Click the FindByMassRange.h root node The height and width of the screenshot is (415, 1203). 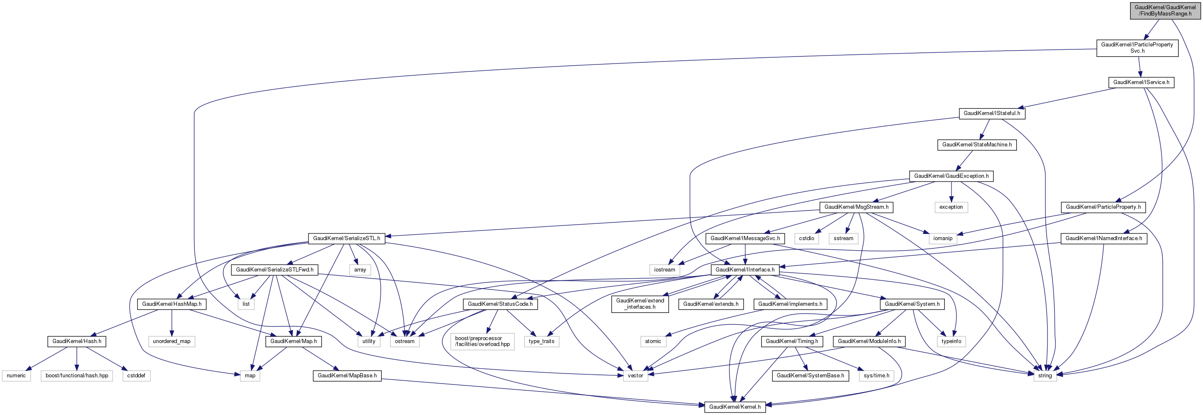1165,10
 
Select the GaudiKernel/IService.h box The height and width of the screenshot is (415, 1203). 1141,82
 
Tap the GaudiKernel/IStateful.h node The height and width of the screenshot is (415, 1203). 991,113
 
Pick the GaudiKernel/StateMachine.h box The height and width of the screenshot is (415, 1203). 977,145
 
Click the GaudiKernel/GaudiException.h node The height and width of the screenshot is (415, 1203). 951,176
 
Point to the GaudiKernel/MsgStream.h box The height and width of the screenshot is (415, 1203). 856,207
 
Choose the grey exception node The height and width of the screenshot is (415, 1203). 951,207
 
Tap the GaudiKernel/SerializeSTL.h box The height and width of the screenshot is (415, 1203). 347,238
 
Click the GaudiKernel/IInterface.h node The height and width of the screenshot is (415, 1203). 745,269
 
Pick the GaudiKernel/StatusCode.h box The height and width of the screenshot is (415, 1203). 500,304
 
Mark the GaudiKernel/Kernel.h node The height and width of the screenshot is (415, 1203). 735,407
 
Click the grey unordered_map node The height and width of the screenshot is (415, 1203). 171,341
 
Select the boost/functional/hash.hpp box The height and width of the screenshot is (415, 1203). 77,375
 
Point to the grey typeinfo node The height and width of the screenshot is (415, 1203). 951,341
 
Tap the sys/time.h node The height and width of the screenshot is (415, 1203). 876,375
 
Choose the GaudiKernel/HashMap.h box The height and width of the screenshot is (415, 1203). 172,304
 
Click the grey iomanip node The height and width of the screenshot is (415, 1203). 942,238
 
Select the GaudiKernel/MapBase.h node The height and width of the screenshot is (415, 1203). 347,375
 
